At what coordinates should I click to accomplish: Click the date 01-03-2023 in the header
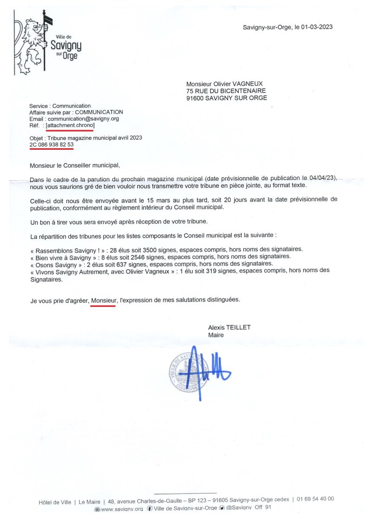pyautogui.click(x=316, y=27)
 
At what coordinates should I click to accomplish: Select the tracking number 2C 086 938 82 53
pyautogui.click(x=51, y=145)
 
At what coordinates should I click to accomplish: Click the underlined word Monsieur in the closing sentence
pyautogui.click(x=103, y=300)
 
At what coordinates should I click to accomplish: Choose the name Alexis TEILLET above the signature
pyautogui.click(x=229, y=328)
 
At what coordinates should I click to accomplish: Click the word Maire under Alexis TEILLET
pyautogui.click(x=216, y=335)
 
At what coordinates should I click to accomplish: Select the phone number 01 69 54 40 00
pyautogui.click(x=316, y=499)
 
